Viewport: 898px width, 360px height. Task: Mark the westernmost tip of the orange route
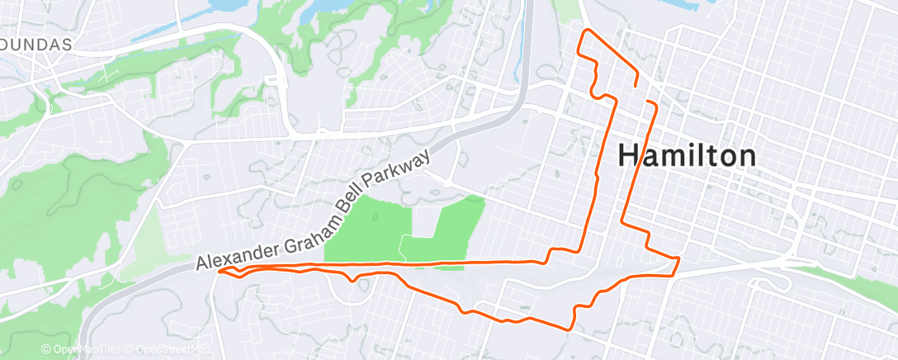[218, 269]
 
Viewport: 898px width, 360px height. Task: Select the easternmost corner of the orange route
[678, 260]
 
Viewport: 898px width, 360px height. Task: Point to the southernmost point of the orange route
[569, 328]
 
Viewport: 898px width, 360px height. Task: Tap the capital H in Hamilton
[629, 155]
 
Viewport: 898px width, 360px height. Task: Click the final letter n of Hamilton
[745, 156]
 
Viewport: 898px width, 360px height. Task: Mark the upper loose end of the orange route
[636, 85]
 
